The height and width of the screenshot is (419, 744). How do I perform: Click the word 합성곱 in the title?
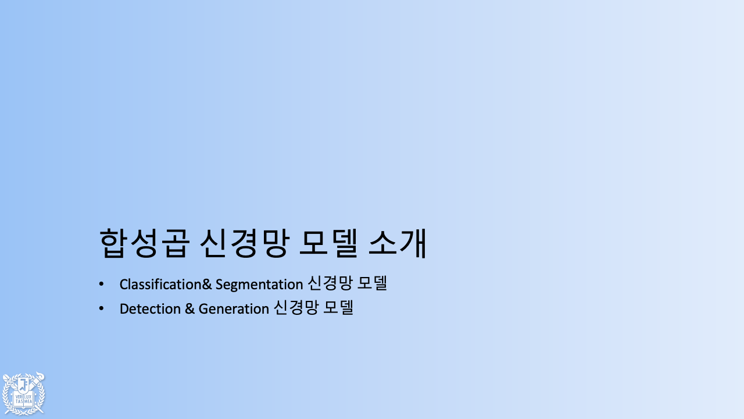pyautogui.click(x=144, y=243)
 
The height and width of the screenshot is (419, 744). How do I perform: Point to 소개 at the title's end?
pyautogui.click(x=398, y=243)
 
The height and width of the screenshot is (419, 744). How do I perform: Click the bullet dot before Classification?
pyautogui.click(x=102, y=284)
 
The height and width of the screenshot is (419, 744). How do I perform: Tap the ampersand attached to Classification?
pyautogui.click(x=206, y=285)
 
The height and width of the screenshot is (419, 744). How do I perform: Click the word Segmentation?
pyautogui.click(x=259, y=285)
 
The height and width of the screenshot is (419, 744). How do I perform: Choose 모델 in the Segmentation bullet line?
pyautogui.click(x=372, y=284)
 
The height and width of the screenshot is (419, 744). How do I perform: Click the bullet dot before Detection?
pyautogui.click(x=102, y=308)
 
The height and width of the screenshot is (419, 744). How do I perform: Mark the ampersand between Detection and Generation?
pyautogui.click(x=189, y=309)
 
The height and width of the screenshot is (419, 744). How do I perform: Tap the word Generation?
pyautogui.click(x=234, y=309)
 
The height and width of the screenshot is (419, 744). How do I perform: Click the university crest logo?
pyautogui.click(x=23, y=393)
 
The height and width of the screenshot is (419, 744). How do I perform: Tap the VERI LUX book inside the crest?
pyautogui.click(x=23, y=399)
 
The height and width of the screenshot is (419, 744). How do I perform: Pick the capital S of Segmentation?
pyautogui.click(x=219, y=285)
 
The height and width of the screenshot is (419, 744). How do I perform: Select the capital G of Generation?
pyautogui.click(x=203, y=309)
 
